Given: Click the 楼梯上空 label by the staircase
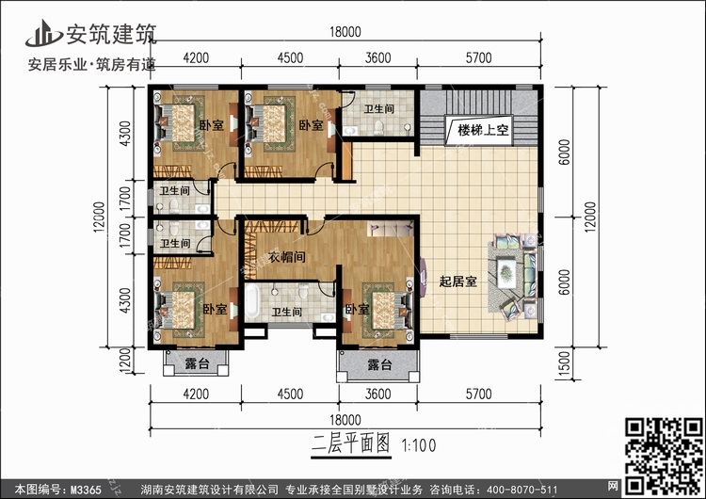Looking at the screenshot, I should coord(483,131).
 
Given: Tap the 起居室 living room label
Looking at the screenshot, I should coord(457,282).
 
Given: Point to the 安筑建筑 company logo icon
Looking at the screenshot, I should coord(42,33).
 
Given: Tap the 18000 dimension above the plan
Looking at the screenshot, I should coord(345,32).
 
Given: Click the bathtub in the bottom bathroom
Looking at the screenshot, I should coord(253,307).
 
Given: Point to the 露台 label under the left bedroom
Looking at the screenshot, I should coord(196,363).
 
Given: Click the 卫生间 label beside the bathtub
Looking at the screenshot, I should coord(286,312).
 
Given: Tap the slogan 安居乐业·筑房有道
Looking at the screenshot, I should coord(91,65).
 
